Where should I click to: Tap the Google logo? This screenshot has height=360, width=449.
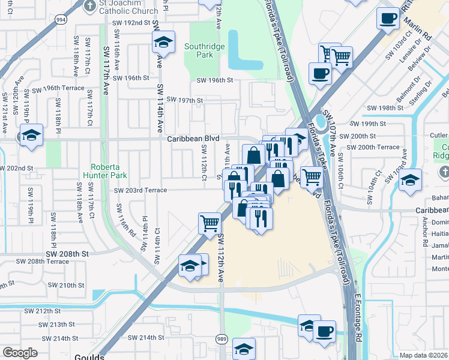[x=20, y=353]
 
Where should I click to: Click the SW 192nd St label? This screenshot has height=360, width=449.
[x=130, y=22]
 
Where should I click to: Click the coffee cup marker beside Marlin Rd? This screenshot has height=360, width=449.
[x=388, y=19]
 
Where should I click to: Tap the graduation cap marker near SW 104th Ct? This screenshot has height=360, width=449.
[x=409, y=179]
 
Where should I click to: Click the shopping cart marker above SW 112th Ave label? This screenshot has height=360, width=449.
[x=209, y=223]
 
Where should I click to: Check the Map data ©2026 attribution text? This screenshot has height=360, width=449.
[x=423, y=355]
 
